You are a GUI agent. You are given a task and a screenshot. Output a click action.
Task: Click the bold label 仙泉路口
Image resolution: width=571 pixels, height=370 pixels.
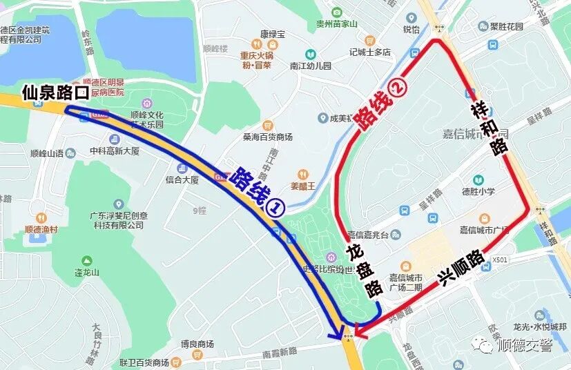56,92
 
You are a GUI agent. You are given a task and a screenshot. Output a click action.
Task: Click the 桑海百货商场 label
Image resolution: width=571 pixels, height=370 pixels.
267,137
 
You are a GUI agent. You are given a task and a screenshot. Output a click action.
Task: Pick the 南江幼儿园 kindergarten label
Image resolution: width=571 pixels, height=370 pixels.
311,66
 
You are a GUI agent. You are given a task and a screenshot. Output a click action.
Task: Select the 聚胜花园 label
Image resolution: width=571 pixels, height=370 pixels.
513,27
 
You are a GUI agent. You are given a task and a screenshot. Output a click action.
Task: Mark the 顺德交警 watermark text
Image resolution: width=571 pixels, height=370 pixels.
525,345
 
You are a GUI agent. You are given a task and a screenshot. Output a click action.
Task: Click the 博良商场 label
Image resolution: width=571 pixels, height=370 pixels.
197,344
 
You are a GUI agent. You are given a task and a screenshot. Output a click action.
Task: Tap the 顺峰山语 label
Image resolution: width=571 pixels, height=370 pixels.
47,153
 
